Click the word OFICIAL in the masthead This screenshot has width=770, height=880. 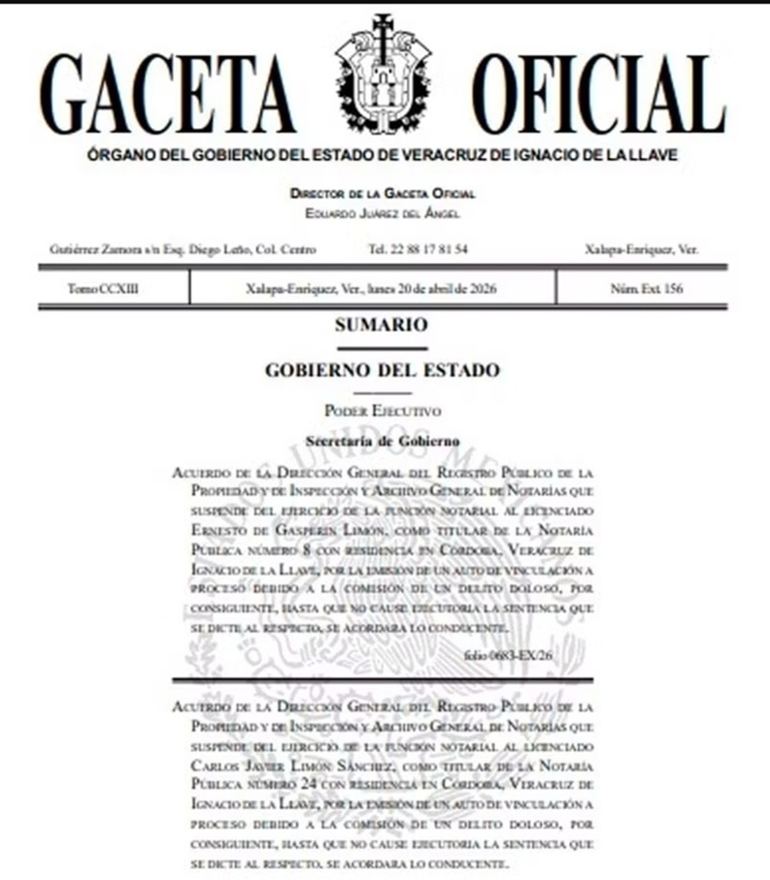click(x=598, y=94)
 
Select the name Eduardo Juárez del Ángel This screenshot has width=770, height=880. click(x=383, y=212)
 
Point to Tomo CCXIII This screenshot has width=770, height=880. click(x=96, y=288)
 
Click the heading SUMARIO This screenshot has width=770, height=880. click(x=382, y=326)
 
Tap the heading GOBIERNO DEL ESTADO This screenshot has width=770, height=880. click(x=383, y=370)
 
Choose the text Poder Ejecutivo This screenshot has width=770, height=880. click(x=383, y=411)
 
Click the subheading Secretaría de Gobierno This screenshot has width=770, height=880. click(x=383, y=440)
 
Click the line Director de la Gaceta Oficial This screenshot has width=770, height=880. click(x=383, y=194)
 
